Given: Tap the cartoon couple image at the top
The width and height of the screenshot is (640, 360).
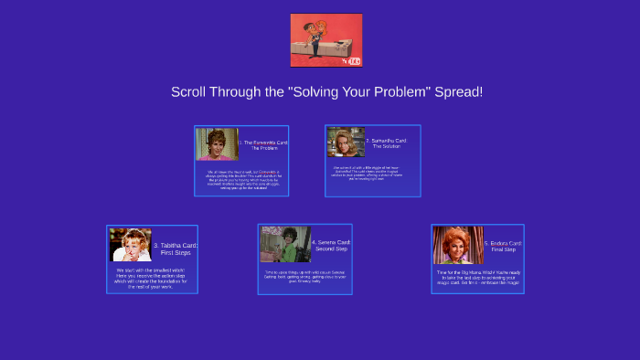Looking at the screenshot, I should (326, 40).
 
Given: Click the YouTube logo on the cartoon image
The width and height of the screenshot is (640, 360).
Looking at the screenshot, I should (351, 60).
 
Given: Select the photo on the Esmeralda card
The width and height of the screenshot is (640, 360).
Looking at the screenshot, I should (217, 144).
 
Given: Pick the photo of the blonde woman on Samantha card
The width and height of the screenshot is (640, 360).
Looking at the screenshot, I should (347, 142).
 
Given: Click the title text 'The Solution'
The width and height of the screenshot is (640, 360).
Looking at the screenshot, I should (386, 146).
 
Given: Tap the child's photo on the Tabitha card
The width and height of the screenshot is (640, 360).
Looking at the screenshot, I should (130, 245).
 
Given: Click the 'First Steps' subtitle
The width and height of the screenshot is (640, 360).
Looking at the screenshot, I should (175, 252).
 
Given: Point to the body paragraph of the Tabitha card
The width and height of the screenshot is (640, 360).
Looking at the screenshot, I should (151, 278).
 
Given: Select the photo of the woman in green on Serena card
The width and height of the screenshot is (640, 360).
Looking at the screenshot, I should (284, 244).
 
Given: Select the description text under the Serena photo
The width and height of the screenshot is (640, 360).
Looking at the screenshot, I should (304, 276).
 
